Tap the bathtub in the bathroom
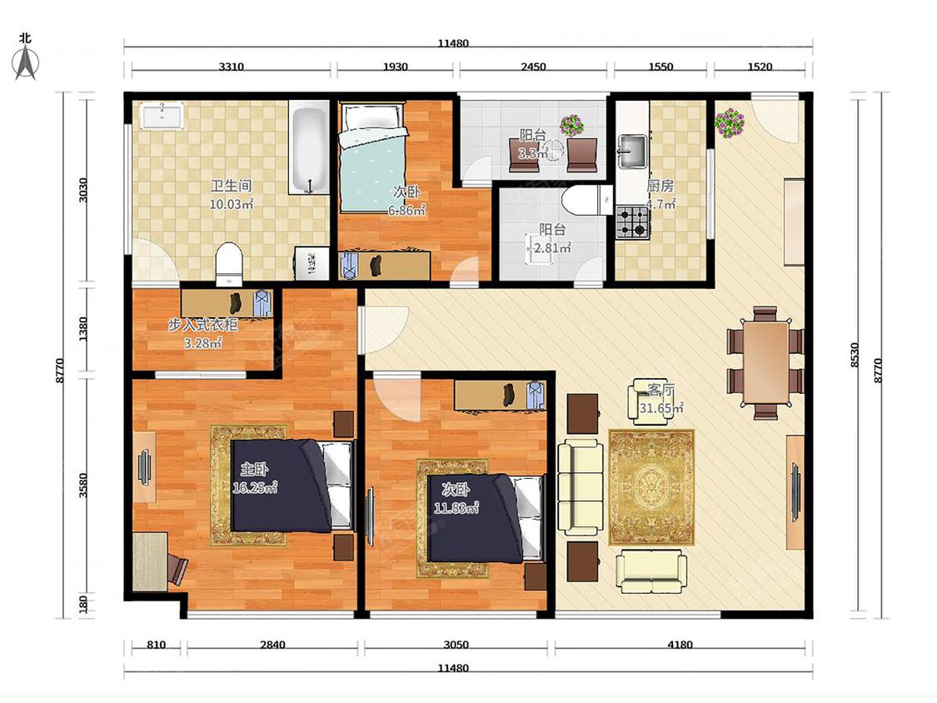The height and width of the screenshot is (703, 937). tap(309, 147)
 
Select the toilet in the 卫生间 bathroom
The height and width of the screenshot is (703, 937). tap(229, 263)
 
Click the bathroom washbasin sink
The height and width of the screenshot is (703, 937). tap(162, 115)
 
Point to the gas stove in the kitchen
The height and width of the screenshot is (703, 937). tap(633, 222)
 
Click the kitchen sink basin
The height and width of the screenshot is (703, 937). tap(632, 152)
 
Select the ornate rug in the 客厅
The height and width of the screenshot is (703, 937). tap(651, 487)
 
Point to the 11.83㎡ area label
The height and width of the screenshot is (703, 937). tap(456, 509)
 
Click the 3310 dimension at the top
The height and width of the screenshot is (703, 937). tap(231, 67)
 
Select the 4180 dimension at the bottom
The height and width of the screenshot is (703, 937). tap(680, 645)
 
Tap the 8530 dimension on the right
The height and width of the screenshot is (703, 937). tap(855, 355)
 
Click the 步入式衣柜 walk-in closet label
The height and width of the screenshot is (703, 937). tap(202, 325)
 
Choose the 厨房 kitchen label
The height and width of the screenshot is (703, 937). tap(660, 186)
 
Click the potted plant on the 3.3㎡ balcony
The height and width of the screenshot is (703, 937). tap(572, 126)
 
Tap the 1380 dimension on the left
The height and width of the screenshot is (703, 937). tap(83, 329)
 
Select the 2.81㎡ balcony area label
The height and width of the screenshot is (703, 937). tap(551, 247)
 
